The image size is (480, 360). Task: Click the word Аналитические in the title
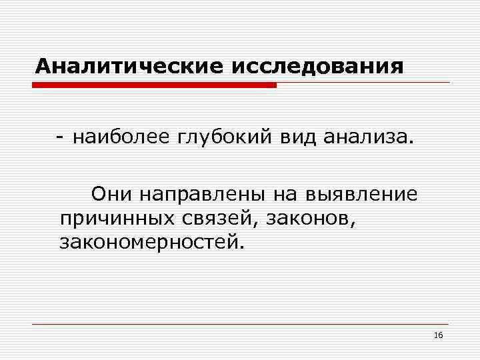(130, 67)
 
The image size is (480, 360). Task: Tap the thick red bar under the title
(154, 85)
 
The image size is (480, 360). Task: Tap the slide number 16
(438, 334)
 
